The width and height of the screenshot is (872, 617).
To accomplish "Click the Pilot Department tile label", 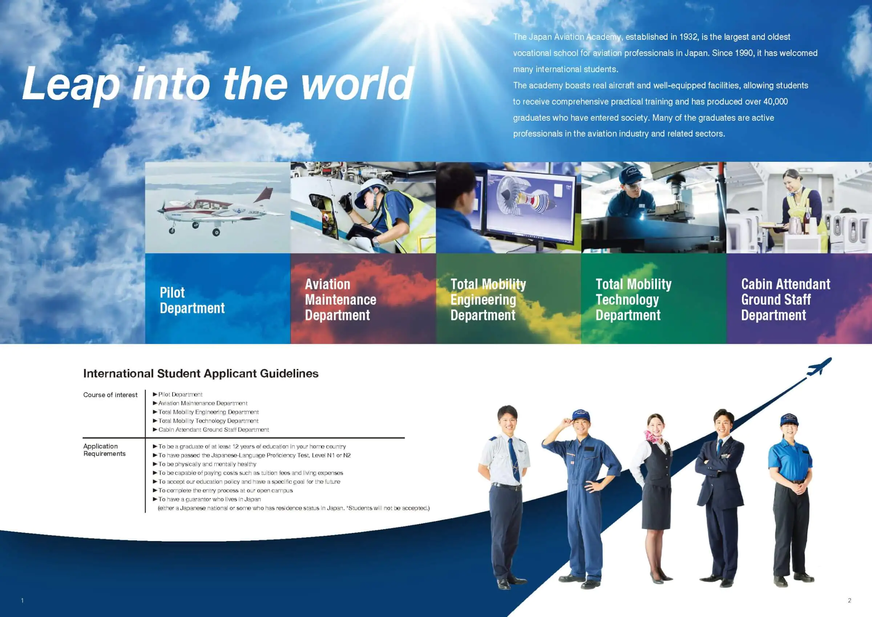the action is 192,300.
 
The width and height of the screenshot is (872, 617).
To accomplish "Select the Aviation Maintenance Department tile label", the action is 341,300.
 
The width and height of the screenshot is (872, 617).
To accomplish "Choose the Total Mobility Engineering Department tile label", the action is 488,300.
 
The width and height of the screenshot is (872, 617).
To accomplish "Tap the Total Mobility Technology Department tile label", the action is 634,300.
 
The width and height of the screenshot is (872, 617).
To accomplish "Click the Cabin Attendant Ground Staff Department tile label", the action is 786,300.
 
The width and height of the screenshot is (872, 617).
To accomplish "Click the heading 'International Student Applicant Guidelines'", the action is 201,373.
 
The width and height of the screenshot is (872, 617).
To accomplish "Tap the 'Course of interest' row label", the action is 110,394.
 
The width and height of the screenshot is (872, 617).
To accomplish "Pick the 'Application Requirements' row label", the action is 104,450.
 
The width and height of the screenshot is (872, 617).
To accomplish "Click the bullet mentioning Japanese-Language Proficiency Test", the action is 252,455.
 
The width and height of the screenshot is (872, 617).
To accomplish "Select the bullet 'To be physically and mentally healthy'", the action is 205,464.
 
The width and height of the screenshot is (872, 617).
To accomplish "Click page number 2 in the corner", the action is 849,600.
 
